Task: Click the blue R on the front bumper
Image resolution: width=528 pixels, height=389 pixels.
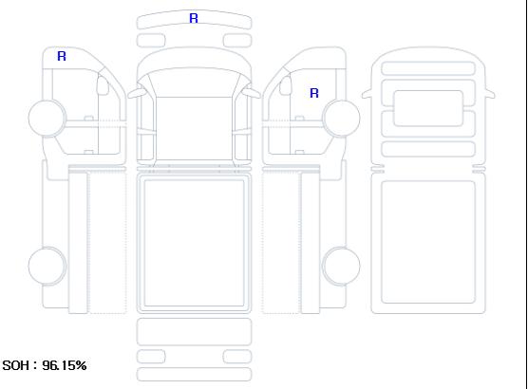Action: point(194,18)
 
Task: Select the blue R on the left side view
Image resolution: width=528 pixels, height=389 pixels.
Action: point(62,56)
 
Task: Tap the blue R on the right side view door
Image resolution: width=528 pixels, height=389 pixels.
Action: point(314,93)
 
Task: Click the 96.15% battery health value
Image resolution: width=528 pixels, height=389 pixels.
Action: point(65,365)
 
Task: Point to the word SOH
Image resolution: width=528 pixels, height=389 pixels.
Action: point(15,365)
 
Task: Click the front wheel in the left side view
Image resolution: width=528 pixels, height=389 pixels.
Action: point(47,118)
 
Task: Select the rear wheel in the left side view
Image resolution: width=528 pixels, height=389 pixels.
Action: point(47,266)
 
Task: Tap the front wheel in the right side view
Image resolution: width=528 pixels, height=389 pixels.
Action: point(341,118)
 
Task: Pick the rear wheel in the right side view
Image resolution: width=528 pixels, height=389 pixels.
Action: point(341,266)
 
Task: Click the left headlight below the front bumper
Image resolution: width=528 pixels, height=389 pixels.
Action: point(151,41)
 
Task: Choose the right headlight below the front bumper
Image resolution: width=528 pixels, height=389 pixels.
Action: point(237,41)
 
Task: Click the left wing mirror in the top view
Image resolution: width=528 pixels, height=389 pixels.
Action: point(136,93)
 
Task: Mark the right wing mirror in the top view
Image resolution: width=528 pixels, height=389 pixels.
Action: point(252,93)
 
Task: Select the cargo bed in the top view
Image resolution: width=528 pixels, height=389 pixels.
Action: point(194,243)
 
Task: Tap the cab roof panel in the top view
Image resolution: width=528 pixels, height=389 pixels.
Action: point(194,128)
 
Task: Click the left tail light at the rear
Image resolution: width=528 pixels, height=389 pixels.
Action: point(151,357)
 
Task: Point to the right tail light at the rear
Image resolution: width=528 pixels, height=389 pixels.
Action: point(237,357)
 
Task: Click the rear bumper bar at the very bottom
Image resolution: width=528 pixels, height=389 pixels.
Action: point(194,375)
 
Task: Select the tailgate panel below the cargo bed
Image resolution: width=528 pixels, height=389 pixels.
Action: point(194,332)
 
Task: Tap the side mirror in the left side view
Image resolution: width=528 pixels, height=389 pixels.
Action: point(103,85)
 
